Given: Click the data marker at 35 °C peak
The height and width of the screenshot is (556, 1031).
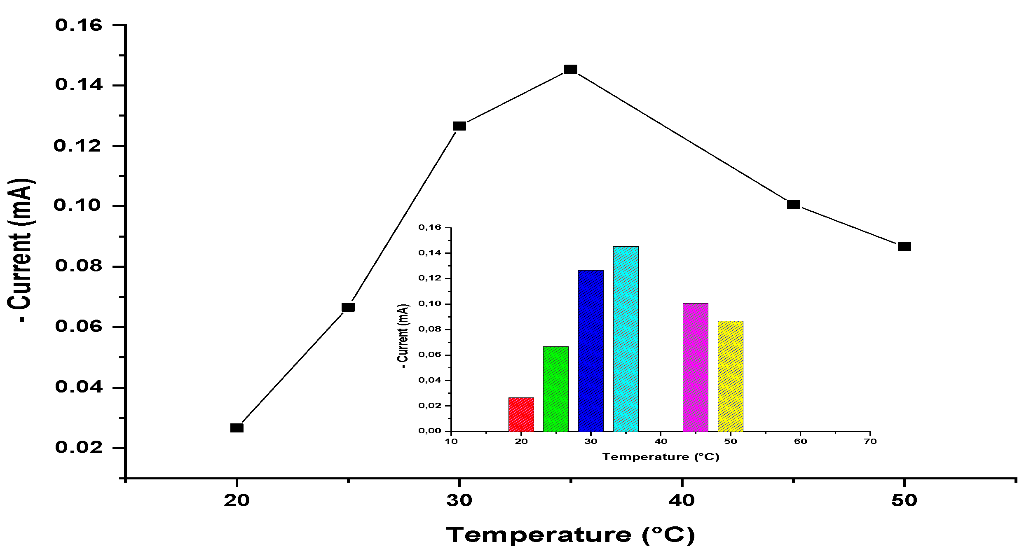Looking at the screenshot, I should click(570, 69).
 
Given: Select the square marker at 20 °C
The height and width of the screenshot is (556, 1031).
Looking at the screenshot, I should click(237, 428).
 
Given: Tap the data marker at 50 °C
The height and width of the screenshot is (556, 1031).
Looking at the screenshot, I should click(904, 247).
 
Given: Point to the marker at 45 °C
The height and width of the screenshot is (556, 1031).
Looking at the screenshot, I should click(793, 204).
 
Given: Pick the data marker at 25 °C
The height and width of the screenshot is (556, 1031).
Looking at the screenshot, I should click(348, 307).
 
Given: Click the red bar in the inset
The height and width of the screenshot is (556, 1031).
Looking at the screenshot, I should click(521, 414).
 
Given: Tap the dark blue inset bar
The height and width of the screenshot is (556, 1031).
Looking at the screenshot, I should click(590, 350).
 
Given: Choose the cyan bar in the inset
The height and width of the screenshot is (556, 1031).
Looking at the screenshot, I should click(626, 339).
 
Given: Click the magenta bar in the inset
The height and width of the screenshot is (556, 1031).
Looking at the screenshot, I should click(695, 367).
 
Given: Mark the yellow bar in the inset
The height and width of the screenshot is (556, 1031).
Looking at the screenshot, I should click(730, 376).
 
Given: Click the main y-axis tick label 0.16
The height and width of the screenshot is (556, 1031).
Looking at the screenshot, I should click(78, 26).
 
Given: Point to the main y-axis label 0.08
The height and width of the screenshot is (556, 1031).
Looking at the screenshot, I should click(78, 266).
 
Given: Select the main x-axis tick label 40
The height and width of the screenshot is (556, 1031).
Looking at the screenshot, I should click(682, 500).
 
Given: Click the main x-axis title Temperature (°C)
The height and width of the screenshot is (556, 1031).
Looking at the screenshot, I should click(570, 535).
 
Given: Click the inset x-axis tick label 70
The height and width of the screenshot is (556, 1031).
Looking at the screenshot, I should click(870, 442).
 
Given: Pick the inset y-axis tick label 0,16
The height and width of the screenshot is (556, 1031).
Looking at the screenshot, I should click(429, 227).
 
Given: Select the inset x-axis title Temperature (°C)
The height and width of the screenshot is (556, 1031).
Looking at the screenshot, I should click(661, 457).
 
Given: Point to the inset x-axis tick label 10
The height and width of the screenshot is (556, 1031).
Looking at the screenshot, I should click(451, 442).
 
